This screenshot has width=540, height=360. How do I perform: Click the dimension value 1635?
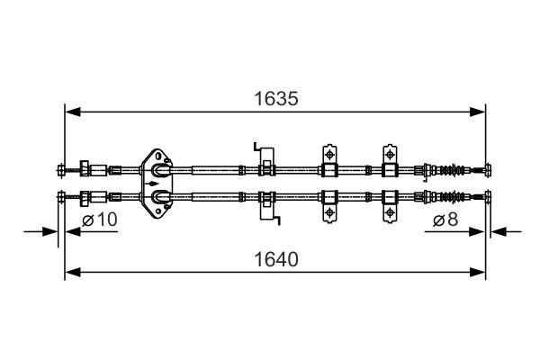coord(275,97)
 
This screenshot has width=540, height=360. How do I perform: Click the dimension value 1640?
coord(275,258)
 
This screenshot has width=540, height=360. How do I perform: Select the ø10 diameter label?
coord(100,220)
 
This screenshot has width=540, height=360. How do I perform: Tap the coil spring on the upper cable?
coord(458,169)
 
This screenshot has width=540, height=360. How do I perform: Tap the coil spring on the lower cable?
coord(458,196)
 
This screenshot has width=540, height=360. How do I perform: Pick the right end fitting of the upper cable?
coord(487,169)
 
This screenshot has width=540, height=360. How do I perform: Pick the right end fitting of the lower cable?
coord(487,196)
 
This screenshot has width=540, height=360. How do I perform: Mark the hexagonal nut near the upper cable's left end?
coord(86,168)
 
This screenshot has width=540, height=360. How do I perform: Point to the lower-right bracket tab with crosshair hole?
coord(390,211)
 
